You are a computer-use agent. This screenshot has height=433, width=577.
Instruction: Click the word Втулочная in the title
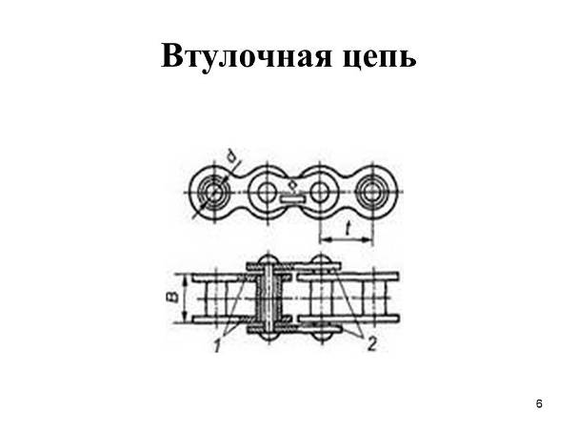click(247, 57)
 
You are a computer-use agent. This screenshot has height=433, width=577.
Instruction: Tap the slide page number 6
click(539, 403)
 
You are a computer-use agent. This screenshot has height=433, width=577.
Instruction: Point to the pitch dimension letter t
click(347, 228)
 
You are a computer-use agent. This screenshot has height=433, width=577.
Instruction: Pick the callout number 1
click(217, 345)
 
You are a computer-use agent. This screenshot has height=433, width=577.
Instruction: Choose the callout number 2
click(372, 344)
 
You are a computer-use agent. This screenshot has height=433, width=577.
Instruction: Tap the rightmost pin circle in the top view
click(372, 192)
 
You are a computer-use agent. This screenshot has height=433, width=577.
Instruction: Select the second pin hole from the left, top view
click(266, 192)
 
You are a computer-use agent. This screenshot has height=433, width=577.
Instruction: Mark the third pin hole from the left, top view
click(319, 192)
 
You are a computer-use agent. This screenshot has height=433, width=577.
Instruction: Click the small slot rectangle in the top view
click(293, 199)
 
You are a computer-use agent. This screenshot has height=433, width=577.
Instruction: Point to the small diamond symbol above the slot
click(293, 185)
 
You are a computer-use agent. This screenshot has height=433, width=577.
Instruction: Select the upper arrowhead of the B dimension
click(185, 279)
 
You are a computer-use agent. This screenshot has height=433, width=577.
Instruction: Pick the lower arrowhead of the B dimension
click(185, 317)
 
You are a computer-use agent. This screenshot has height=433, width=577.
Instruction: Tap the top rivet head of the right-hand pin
click(321, 259)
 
